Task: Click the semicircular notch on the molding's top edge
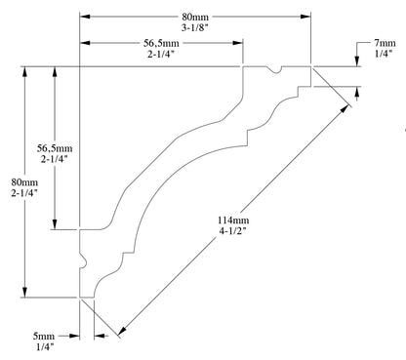tap(276, 69)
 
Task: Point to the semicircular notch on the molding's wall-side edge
tap(82, 261)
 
